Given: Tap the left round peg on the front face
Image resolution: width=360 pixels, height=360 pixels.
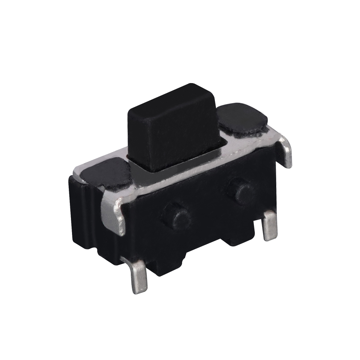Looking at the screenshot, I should [x=177, y=215].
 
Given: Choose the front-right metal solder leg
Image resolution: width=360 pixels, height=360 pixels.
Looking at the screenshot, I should [x=270, y=226].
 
